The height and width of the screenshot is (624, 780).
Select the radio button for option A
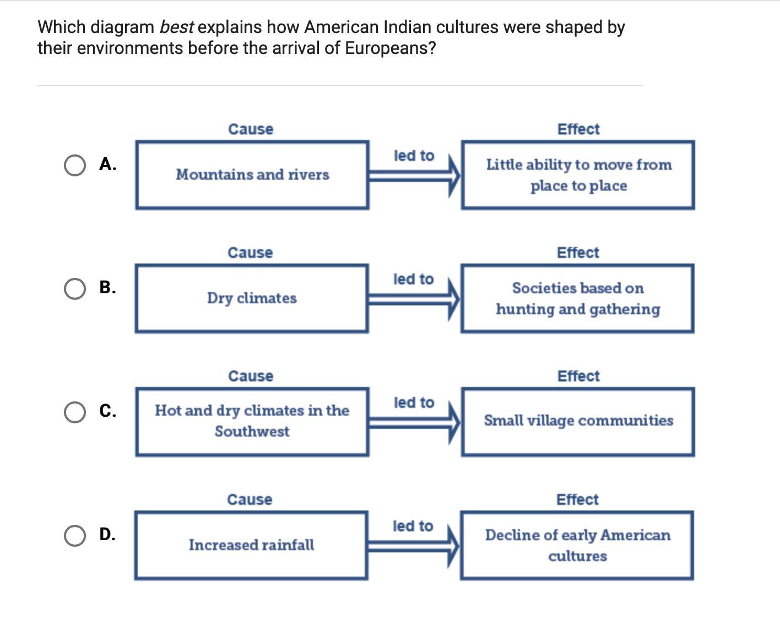(74, 165)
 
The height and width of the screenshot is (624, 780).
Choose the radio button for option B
(74, 288)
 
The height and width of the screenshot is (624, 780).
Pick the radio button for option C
(74, 412)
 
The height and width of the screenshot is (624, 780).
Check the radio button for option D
(74, 535)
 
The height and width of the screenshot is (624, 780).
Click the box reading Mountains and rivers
(252, 175)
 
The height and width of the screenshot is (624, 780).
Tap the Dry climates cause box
(252, 298)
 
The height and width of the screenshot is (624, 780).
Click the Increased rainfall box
(251, 545)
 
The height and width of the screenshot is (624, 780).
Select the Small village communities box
(578, 421)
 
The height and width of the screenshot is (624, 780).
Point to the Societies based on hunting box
(577, 298)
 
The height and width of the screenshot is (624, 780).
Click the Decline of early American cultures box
(577, 545)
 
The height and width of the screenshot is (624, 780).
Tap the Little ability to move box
(578, 175)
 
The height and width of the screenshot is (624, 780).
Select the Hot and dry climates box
(252, 421)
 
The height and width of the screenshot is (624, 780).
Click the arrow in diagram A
(414, 175)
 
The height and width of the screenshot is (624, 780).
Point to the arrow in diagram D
(414, 546)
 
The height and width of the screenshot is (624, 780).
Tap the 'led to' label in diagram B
(413, 279)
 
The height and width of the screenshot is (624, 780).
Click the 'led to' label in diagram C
(413, 403)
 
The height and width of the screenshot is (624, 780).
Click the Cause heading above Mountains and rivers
(251, 130)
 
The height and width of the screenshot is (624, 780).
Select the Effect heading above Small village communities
(578, 376)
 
